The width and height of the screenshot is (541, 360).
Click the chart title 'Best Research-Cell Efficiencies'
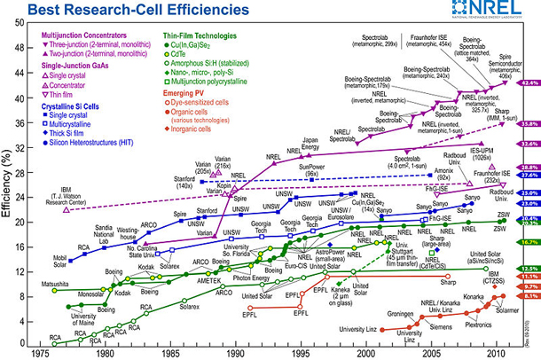pyautogui.click(x=116, y=12)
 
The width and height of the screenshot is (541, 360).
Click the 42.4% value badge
pyautogui.click(x=529, y=82)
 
